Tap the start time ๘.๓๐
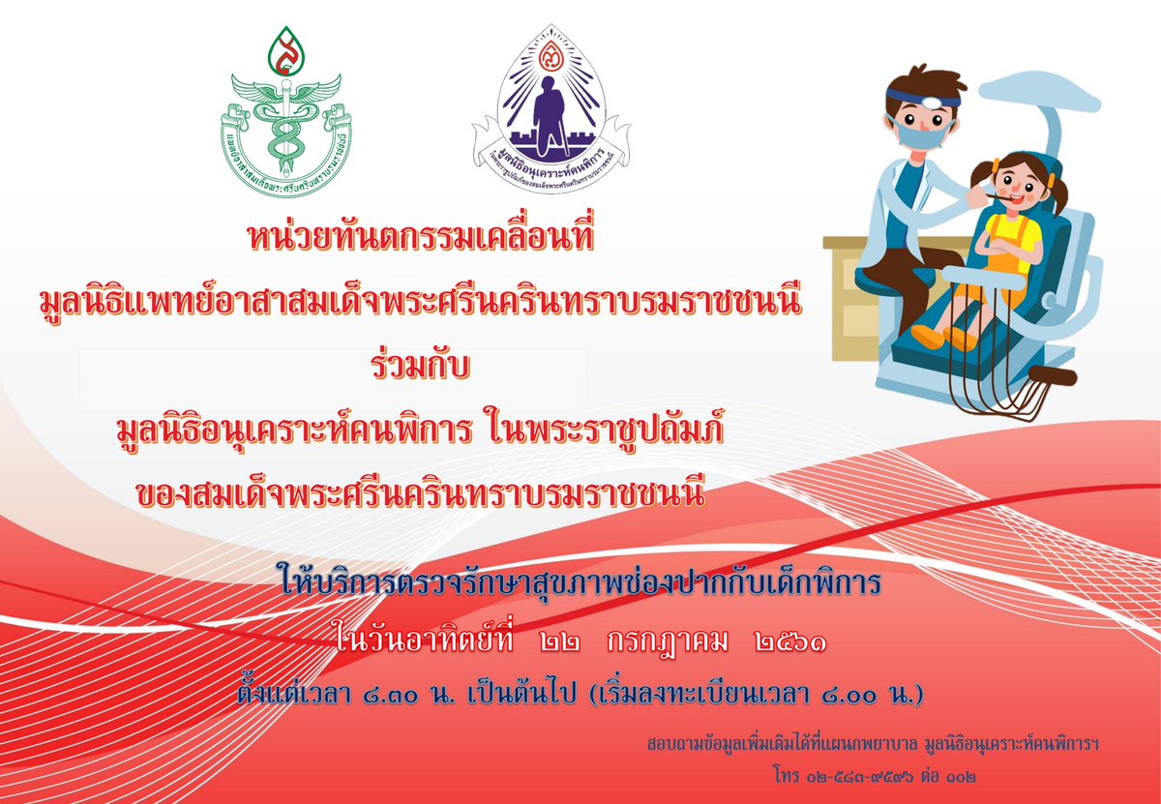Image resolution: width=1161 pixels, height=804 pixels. tap(390, 693)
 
